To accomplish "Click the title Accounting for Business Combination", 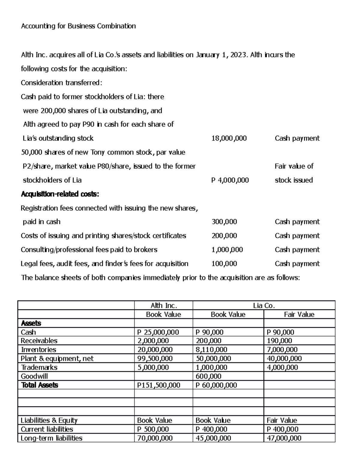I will pos(78,26).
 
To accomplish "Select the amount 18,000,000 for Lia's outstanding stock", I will pos(229,138).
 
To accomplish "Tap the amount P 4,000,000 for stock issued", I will pos(230,180).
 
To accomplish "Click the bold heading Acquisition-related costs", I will pos(60,194).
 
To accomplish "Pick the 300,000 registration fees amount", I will pos(224,222).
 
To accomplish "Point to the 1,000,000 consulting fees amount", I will pos(227,250).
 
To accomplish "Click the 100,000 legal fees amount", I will pos(224,264).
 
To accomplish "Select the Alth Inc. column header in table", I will pos(163,305).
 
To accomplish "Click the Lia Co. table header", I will pos(264,305).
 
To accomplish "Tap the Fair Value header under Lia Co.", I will pos(299,314).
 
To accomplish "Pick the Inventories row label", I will pos(38,350).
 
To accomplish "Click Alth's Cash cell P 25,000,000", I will pos(158,332).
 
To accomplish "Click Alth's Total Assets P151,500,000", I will pos(158,385).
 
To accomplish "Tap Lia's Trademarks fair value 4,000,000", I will pos(282,367).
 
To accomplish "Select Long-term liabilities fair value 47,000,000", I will pos(284,438).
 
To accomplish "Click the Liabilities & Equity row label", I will pos(49,420).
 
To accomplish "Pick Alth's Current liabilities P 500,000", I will pos(153,429).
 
